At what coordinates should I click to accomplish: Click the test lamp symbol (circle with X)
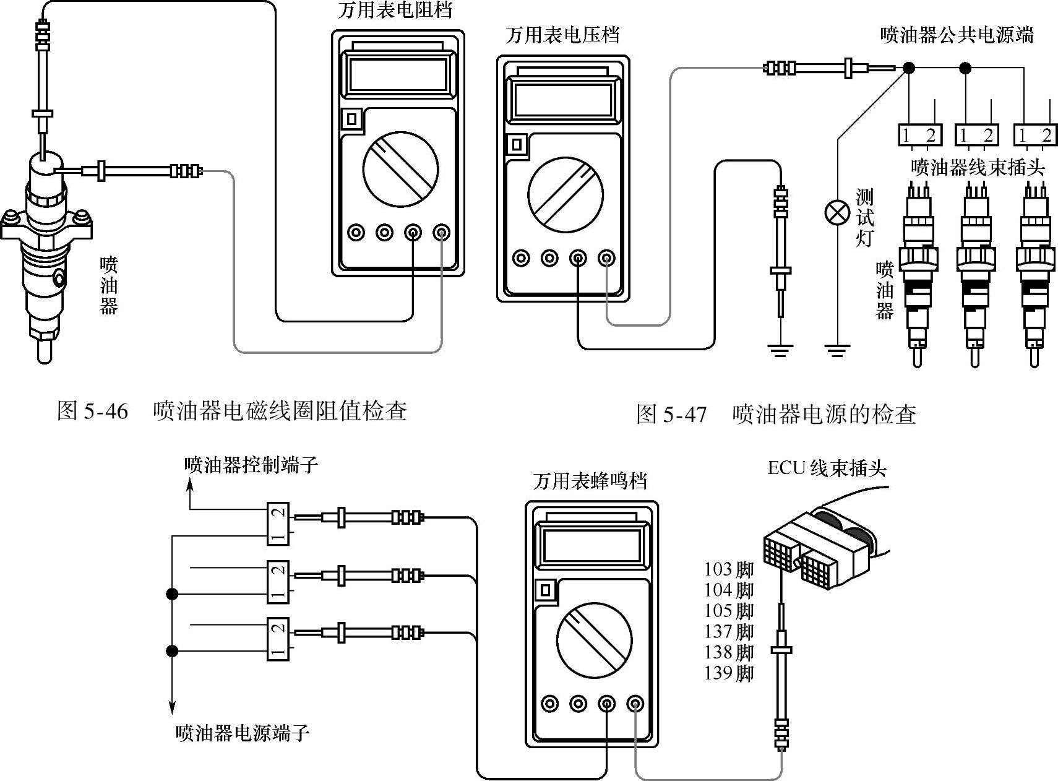point(837,213)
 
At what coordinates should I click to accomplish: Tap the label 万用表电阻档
point(395,11)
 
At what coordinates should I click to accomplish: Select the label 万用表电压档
point(562,35)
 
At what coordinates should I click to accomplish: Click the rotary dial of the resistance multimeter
point(400,169)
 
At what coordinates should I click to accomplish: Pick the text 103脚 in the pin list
point(729,569)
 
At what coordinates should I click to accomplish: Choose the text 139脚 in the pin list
point(729,673)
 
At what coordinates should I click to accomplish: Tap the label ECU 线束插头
point(827,468)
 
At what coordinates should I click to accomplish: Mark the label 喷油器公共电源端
point(957,35)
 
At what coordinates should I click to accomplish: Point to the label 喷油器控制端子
point(251,465)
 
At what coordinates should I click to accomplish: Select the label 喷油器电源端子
point(242,733)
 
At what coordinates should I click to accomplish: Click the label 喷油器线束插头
point(978,167)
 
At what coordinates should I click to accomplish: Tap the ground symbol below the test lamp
point(837,351)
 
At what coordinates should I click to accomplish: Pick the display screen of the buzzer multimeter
point(592,544)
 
